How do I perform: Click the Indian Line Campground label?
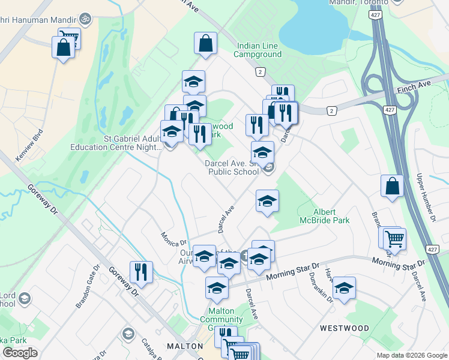point(258,50)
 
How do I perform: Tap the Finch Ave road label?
point(411,89)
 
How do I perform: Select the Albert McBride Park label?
point(331,216)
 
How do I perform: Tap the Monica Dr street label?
point(173,239)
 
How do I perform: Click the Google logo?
point(20,352)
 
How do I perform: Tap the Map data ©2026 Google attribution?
point(412,355)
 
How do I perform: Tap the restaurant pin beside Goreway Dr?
point(141,271)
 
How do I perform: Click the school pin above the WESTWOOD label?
point(344,288)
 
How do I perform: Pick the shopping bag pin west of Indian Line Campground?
point(205,43)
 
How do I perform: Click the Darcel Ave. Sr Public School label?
point(232,167)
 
